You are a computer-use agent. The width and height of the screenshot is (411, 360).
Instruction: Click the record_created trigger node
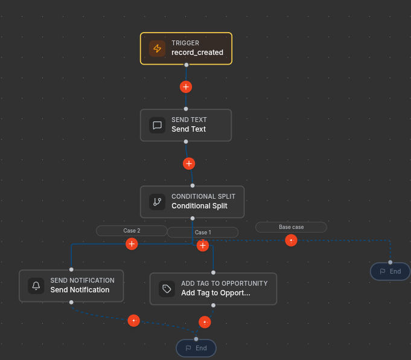[x=186, y=48]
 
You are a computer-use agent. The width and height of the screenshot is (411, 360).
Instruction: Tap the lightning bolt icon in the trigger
[x=158, y=48]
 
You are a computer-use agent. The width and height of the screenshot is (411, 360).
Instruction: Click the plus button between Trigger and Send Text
[x=186, y=87]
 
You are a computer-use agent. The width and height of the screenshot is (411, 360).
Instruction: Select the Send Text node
[x=186, y=125]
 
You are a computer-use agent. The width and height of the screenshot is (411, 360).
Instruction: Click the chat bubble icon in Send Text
[x=158, y=125]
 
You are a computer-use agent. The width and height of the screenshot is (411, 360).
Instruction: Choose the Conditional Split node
[x=193, y=202]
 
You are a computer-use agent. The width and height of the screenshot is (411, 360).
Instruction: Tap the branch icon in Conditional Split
[x=158, y=202]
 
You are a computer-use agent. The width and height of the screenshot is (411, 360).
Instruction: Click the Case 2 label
[x=132, y=231]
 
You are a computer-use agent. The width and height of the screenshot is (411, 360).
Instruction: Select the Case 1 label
[x=203, y=233]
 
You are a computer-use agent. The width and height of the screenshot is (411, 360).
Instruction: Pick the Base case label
[x=292, y=227]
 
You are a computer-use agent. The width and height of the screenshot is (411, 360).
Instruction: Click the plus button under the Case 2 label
[x=132, y=244]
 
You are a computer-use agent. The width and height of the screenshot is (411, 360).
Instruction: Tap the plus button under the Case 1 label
[x=203, y=245]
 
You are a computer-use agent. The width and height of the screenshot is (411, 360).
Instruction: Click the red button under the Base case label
[x=292, y=240]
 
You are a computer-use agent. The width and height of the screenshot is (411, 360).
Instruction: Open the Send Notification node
[x=71, y=286]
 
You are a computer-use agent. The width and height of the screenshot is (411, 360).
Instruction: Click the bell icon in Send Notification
[x=36, y=286]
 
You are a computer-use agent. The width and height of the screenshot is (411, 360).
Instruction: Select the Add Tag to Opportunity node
[x=214, y=289]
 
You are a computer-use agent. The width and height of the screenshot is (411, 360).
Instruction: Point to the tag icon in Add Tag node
[x=167, y=289]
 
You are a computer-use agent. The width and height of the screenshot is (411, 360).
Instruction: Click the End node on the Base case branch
[x=390, y=271]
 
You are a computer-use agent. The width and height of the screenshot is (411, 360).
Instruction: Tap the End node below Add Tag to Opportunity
[x=196, y=348]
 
